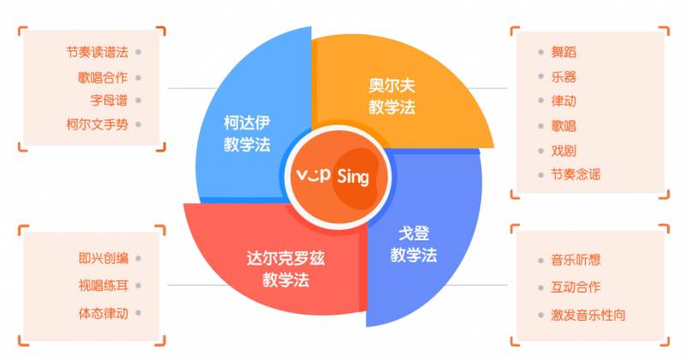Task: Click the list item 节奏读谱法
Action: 97,51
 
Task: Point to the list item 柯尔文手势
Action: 97,124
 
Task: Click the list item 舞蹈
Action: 563,52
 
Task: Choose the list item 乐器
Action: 563,77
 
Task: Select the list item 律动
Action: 563,101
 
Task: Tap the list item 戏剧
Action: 563,150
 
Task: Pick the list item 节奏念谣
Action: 575,174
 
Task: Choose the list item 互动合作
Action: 575,287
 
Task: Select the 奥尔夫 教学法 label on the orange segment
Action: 391,96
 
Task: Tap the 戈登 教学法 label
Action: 414,244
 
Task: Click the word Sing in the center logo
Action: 352,178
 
